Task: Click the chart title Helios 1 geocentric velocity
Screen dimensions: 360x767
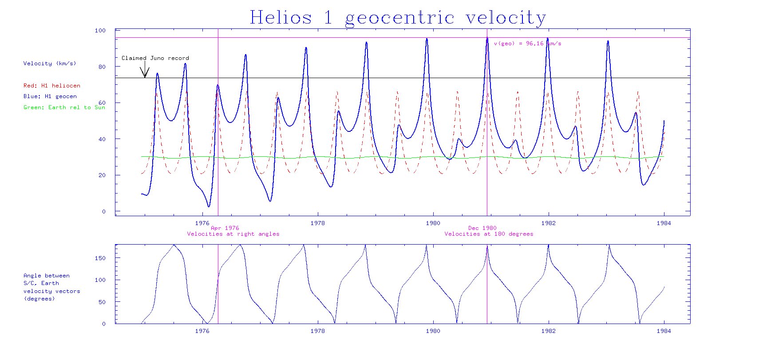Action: (x=398, y=18)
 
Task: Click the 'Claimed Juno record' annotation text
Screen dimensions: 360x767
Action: (x=155, y=58)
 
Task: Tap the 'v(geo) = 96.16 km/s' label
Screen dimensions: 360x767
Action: (x=527, y=44)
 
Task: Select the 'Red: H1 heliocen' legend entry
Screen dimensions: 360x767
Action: (x=51, y=86)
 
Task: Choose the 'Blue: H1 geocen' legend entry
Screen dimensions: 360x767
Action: (x=50, y=96)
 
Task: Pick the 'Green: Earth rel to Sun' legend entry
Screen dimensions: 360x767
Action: (x=64, y=107)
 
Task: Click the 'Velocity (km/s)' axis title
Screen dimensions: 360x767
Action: (x=49, y=63)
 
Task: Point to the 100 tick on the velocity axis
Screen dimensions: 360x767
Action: (x=100, y=31)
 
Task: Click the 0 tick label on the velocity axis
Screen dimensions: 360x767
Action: (x=104, y=212)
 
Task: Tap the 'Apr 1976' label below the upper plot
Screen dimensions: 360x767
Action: (x=225, y=228)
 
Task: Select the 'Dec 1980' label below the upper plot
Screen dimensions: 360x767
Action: (x=482, y=228)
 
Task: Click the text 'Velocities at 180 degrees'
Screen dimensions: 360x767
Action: (x=489, y=234)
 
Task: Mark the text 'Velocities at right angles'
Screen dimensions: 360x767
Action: (x=233, y=234)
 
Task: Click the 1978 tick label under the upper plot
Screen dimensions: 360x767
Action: (x=317, y=223)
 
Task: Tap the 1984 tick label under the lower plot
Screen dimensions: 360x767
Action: (x=664, y=331)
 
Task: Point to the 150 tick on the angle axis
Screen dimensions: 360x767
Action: (x=100, y=258)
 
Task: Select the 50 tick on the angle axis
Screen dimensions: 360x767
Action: (x=102, y=302)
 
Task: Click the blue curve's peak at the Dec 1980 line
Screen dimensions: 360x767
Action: (x=487, y=38)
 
